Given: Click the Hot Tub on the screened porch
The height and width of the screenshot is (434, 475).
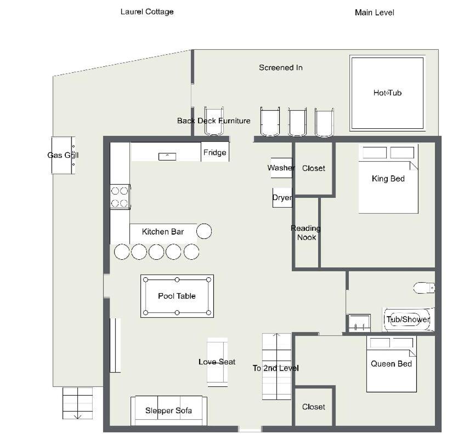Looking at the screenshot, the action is click(x=387, y=93).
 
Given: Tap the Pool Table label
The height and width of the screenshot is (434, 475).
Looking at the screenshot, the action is click(x=177, y=296).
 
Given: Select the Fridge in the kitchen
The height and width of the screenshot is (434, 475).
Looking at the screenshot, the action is click(x=215, y=152).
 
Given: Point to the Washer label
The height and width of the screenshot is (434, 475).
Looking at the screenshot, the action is click(x=281, y=168).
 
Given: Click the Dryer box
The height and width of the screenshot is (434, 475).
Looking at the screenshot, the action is click(x=282, y=198).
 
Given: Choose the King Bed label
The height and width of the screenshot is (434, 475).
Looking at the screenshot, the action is click(x=388, y=179).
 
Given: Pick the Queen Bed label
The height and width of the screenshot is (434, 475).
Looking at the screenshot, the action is click(x=391, y=364).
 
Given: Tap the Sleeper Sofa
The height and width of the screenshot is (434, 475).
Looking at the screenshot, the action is click(x=169, y=410).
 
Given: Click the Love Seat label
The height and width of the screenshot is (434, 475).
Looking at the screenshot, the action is click(x=217, y=362).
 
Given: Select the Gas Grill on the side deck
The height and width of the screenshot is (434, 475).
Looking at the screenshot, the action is click(x=63, y=155).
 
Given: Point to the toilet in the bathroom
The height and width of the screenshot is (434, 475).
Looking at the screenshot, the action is click(x=424, y=288).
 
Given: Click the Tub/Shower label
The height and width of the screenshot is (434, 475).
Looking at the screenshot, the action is click(x=408, y=319).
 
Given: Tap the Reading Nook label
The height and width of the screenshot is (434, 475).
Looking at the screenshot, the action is click(x=306, y=233).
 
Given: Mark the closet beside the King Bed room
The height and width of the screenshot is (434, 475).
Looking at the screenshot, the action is click(x=314, y=168).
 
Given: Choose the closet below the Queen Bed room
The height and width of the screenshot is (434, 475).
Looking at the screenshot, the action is click(x=314, y=407).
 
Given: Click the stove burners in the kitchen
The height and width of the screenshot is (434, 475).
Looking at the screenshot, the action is click(x=120, y=197).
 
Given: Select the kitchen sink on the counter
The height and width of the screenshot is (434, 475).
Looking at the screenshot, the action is click(x=167, y=157).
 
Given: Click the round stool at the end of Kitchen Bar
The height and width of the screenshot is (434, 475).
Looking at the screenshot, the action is click(x=204, y=231).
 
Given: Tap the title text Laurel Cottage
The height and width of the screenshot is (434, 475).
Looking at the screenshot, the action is click(x=147, y=12).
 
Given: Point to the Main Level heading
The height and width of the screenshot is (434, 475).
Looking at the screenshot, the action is click(x=375, y=13).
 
